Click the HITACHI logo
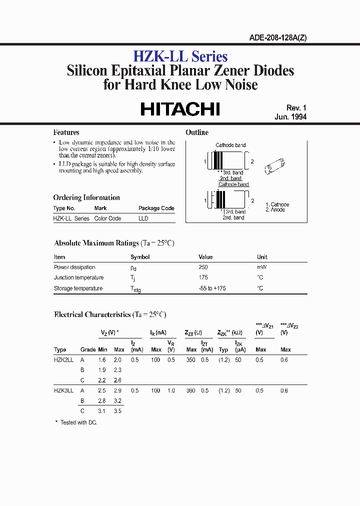(x=180, y=109)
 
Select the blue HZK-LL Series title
(x=180, y=56)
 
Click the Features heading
(x=66, y=132)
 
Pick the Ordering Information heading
(x=86, y=197)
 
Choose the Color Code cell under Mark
(x=107, y=218)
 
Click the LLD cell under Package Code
(x=143, y=218)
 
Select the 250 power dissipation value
(x=203, y=267)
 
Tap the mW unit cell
(x=261, y=267)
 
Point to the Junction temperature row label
(x=78, y=277)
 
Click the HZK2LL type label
(x=63, y=360)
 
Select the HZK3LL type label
(x=63, y=390)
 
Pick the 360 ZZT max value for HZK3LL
(x=191, y=390)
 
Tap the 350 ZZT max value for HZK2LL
(x=191, y=360)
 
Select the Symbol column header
(x=140, y=257)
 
